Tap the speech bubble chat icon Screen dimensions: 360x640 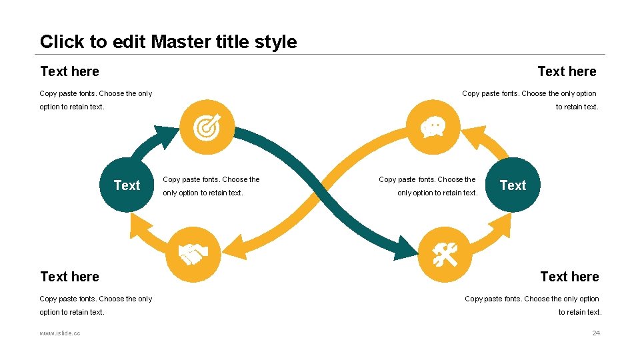433,127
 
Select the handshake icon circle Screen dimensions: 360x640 193,255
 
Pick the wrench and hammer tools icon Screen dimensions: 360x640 445,255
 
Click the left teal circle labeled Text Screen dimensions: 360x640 127,185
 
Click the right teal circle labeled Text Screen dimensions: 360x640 513,185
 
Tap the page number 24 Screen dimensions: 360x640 596,333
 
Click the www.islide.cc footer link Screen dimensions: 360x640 60,333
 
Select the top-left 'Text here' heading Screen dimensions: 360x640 69,71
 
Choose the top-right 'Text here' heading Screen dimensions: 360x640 567,71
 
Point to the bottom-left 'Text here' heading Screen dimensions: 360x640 69,277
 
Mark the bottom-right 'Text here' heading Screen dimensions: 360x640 569,277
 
